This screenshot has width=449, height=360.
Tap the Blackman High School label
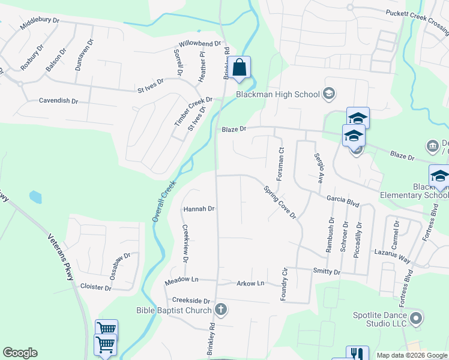277,94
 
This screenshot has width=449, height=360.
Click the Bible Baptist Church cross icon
221,310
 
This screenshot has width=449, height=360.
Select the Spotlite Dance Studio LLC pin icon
415,317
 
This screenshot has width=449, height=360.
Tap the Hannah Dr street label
199,209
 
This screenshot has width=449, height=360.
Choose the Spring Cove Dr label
280,202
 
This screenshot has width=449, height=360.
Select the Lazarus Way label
391,256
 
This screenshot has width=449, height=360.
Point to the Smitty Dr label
327,272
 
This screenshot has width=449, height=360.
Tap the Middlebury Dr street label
40,24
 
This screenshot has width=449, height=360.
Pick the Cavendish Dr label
58,101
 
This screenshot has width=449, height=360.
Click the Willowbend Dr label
200,44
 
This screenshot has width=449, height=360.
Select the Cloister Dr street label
96,287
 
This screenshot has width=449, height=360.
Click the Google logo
20,353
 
